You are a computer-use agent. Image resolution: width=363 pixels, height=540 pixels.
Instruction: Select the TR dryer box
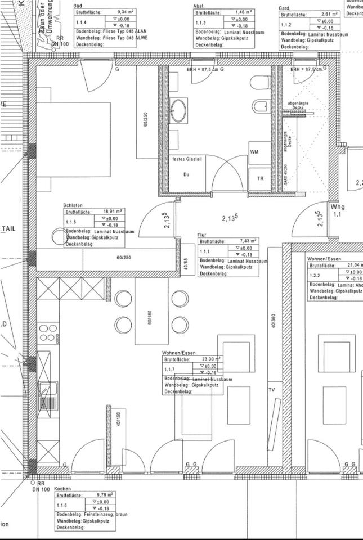pyautogui.click(x=259, y=178)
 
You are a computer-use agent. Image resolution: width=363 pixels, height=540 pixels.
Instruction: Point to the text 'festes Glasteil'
pyautogui.click(x=187, y=159)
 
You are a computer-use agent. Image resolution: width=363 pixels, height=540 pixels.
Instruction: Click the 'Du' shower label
pyautogui.click(x=186, y=174)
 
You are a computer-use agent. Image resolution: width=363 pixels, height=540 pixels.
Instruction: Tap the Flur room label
pyautogui.click(x=202, y=235)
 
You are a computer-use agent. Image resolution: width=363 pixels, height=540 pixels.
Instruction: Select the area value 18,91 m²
pyautogui.click(x=113, y=211)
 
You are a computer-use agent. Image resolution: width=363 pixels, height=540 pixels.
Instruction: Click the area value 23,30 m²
pyautogui.click(x=210, y=359)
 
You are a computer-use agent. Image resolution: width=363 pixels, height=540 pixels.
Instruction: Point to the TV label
pyautogui.click(x=271, y=390)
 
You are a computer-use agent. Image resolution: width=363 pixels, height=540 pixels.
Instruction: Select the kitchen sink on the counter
pyautogui.click(x=48, y=394)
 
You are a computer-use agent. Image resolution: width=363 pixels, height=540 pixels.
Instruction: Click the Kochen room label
pyautogui.click(x=63, y=490)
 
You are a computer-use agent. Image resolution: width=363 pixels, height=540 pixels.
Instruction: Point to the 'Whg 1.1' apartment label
pyautogui.click(x=338, y=210)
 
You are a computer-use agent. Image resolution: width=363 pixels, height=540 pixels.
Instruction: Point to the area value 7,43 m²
pyautogui.click(x=248, y=241)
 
